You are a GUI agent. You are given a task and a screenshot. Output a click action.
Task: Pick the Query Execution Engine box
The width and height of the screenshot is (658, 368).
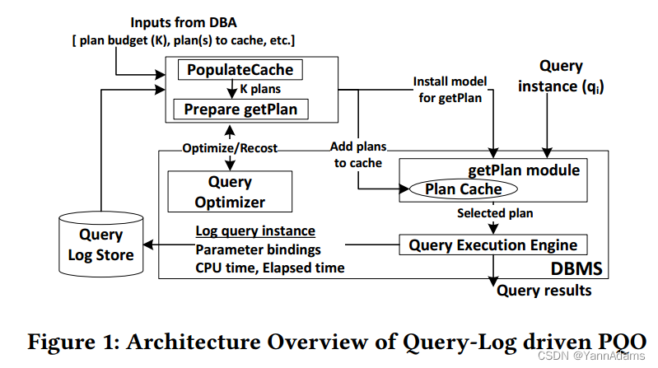point(492,245)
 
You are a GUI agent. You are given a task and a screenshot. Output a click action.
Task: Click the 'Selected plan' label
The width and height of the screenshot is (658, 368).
point(495,213)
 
